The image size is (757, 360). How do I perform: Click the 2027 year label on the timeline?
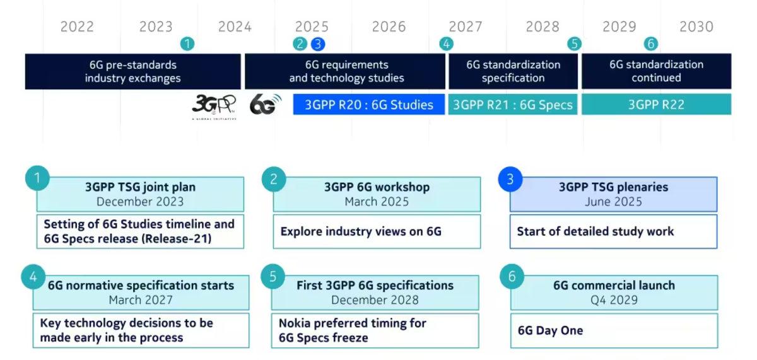(466, 26)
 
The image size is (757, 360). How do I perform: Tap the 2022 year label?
(77, 26)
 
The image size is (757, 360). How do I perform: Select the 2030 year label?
(696, 26)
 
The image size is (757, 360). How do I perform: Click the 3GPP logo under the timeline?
(214, 105)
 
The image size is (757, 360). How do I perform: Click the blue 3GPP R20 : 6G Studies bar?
(369, 105)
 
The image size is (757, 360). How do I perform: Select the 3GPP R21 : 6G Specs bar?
(513, 105)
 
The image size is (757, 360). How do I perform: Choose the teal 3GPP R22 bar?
(656, 105)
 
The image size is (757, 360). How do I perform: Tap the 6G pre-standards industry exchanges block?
(132, 71)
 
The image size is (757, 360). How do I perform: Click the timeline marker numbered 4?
(447, 44)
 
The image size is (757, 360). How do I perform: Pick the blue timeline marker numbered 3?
(318, 44)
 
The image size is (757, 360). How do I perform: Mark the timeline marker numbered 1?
(187, 44)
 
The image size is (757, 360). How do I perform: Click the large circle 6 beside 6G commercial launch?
(512, 277)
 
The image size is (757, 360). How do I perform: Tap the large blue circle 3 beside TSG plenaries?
(510, 180)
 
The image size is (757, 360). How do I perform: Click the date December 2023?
(140, 202)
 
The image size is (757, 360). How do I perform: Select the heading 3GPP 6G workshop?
(377, 187)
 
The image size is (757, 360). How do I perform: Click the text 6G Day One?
(550, 330)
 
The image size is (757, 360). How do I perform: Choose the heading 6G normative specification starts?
(141, 285)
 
